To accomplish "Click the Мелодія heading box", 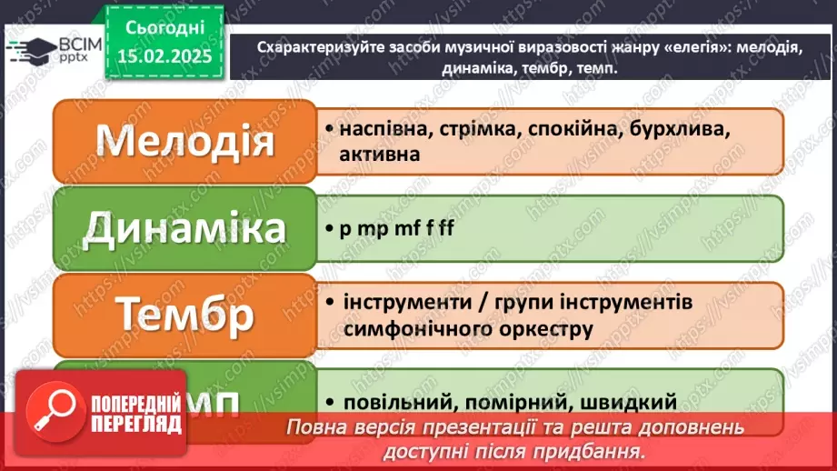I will click(185, 141).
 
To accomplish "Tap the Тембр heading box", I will click(185, 315).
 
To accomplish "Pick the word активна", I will click(379, 155).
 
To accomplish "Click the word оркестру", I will click(542, 326).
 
